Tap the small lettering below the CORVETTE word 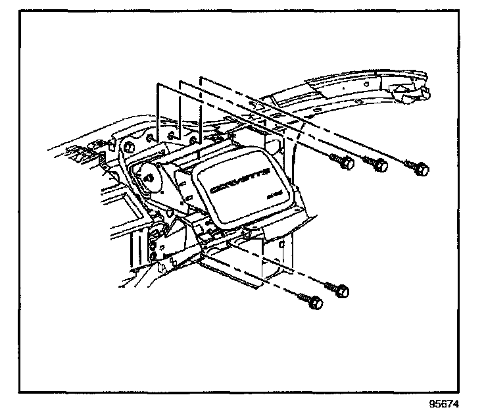tap(275, 196)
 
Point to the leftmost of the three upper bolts tap(343, 161)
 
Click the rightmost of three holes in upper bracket tap(192, 140)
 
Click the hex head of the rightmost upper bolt tap(423, 170)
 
